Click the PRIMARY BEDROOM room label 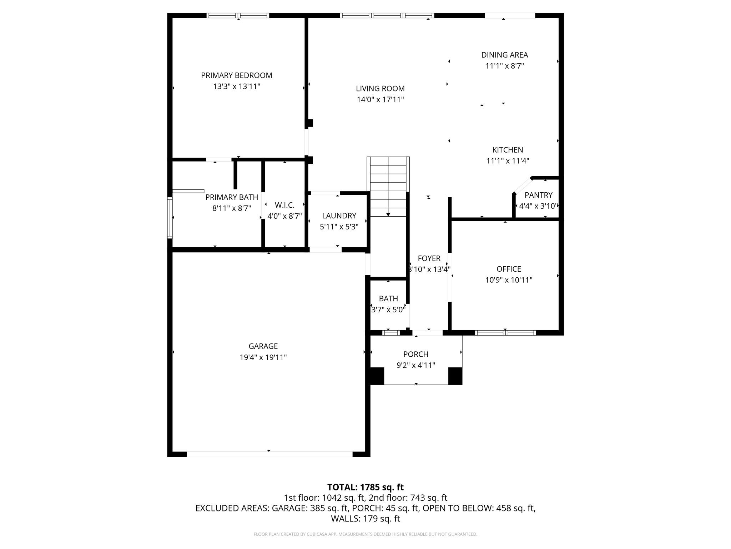point(237,75)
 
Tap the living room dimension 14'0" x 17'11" point(380,100)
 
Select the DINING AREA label point(504,55)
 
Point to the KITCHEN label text point(508,150)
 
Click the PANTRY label point(538,195)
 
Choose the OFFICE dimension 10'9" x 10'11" point(509,280)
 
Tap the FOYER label point(429,258)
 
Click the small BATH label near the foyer point(388,299)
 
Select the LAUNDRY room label point(339,216)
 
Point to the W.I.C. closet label point(284,206)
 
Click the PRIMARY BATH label point(232,197)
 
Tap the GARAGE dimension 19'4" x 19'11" point(263,357)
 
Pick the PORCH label point(416,354)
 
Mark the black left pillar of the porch point(377,376)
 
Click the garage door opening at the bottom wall point(269,454)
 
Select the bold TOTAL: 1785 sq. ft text point(365,487)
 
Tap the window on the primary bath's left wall point(170,218)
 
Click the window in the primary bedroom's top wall point(238,16)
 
